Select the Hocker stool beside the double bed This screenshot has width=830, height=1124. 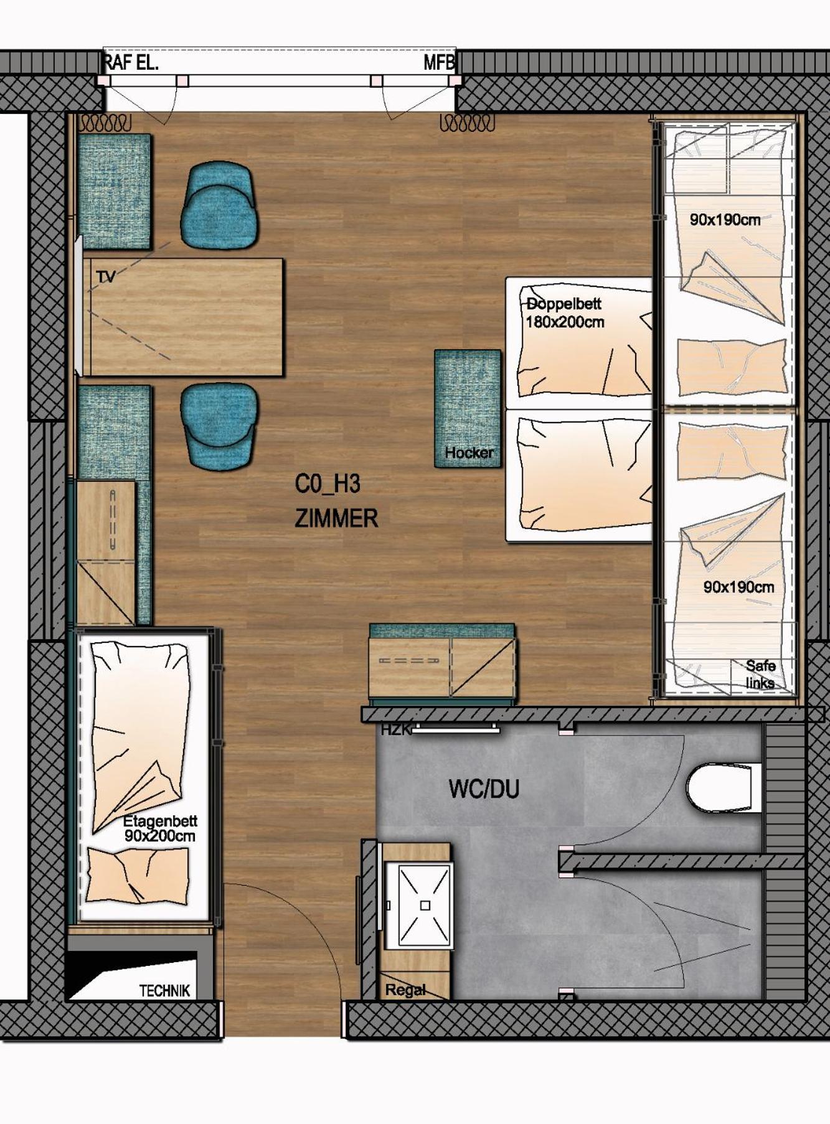pos(468,408)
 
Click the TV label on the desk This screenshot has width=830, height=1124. pos(106,277)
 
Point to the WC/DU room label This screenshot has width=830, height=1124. pos(484,789)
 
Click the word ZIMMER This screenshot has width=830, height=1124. pos(336,518)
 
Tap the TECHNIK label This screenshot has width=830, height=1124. pos(164,991)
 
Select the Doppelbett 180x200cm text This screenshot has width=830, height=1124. pos(565,313)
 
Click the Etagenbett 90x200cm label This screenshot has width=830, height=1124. pos(160,829)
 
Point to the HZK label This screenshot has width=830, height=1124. pos(395,729)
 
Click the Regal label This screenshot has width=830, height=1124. pos(405,990)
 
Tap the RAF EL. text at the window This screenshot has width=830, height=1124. pos(131,63)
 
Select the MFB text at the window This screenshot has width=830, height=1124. pos(440,63)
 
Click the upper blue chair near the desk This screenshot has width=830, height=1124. pos(219,205)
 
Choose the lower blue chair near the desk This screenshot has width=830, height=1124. pos(219,426)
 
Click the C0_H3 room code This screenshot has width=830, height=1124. pos(328,484)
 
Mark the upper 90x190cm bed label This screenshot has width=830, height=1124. pos(725,220)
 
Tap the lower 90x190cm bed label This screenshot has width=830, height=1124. pos(738,587)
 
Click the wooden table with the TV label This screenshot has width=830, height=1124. pos(183,317)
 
